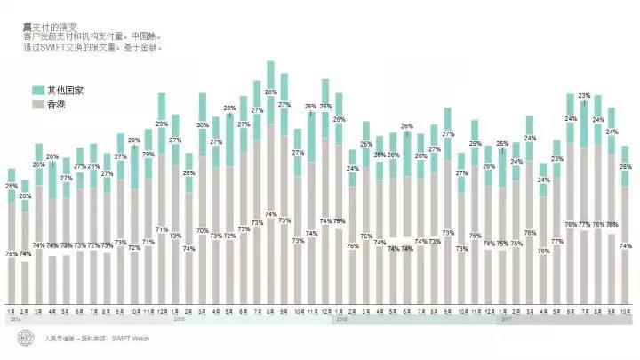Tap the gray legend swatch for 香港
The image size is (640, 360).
tap(38, 105)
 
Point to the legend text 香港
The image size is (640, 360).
tap(57, 105)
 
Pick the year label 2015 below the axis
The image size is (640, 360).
tap(178, 319)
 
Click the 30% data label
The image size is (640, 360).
tap(203, 125)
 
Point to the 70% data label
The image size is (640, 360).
tap(203, 230)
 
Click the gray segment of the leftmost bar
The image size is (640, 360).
tap(12, 258)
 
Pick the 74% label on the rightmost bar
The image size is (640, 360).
tap(625, 246)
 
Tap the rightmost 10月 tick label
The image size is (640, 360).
tap(625, 311)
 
